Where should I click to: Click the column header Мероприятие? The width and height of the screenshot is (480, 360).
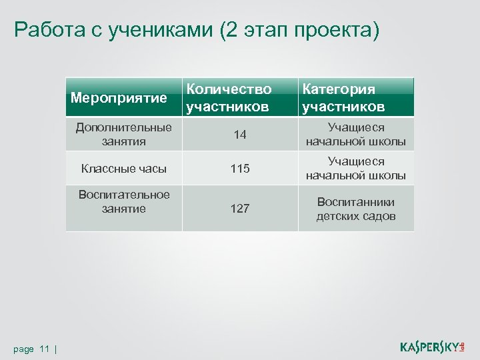(x=119, y=99)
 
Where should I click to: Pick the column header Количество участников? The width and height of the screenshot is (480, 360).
(x=229, y=98)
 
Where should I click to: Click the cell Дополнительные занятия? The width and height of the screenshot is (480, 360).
(x=124, y=134)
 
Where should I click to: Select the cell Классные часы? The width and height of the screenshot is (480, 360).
(x=124, y=169)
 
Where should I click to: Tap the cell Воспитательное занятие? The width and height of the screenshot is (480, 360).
(x=124, y=201)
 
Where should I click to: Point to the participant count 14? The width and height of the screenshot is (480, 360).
(x=240, y=135)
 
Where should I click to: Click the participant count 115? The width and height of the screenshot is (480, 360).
(x=240, y=169)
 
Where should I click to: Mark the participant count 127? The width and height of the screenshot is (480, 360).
(x=240, y=209)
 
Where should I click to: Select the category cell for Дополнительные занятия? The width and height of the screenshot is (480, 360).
(x=355, y=135)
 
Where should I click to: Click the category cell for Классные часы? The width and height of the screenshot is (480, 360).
(x=355, y=169)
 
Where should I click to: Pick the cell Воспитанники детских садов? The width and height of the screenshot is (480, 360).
(x=355, y=209)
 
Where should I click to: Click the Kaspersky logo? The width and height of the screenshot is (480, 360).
(x=432, y=346)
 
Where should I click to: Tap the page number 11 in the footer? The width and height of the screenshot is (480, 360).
(x=45, y=349)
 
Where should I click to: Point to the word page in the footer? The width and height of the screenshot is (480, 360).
(x=23, y=349)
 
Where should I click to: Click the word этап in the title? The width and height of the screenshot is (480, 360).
(x=263, y=30)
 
